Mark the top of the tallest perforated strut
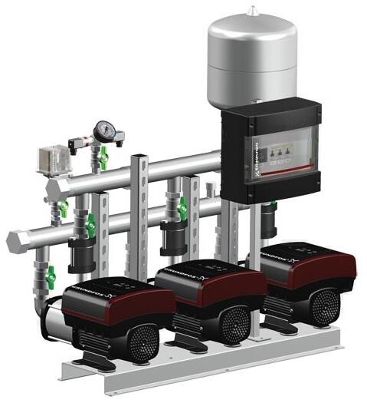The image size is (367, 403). (139, 160)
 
